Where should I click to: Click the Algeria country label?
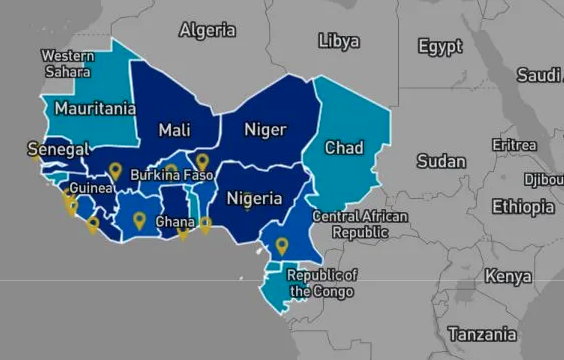[207, 31]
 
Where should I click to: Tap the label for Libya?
[338, 42]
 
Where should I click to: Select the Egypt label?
[440, 47]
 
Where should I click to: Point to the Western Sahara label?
[68, 63]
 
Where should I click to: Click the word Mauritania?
[95, 108]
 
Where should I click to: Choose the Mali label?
[175, 129]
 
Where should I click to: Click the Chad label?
[344, 148]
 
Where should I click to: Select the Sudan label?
[441, 161]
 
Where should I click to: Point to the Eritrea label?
[514, 145]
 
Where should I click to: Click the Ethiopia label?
[522, 207]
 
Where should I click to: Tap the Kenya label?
[508, 276]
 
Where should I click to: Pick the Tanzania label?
[483, 334]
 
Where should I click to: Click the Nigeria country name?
[253, 198]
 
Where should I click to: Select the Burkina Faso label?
[172, 174]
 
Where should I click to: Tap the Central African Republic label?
[359, 224]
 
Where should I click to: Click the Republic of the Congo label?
[321, 283]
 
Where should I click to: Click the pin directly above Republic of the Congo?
[282, 244]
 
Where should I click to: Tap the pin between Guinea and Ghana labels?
[139, 219]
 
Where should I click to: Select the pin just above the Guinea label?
[115, 170]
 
